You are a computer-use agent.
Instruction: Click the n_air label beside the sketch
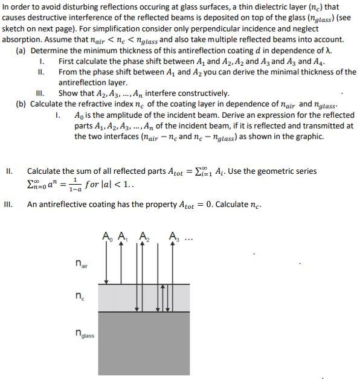(x=79, y=264)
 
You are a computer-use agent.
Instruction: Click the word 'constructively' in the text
(x=204, y=93)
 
